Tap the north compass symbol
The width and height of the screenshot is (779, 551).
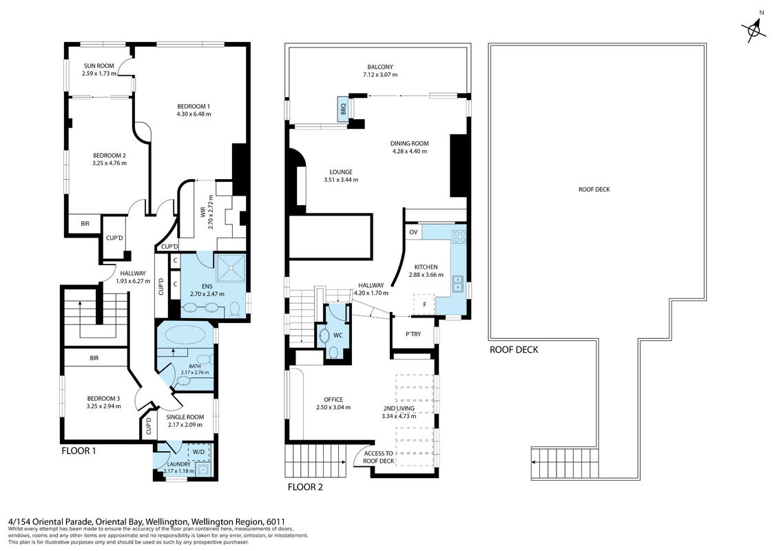755,30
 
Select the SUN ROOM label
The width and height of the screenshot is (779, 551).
99,65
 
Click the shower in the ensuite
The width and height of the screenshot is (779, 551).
231,269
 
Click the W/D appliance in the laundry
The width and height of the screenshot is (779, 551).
199,452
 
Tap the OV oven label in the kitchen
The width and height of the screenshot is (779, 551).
413,232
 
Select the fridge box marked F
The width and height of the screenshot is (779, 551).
424,304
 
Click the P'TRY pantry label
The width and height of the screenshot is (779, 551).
413,334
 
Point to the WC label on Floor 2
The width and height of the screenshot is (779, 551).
337,335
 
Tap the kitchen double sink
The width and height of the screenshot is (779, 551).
457,284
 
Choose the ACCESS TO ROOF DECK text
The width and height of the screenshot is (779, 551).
379,457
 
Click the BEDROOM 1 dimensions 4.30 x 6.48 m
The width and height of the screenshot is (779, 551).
194,114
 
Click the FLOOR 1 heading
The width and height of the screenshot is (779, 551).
79,451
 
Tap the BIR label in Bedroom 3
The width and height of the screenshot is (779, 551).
94,357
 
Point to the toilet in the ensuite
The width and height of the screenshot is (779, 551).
235,309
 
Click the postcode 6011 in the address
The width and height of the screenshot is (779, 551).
276,521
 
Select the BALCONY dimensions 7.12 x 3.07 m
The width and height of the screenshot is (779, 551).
380,74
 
